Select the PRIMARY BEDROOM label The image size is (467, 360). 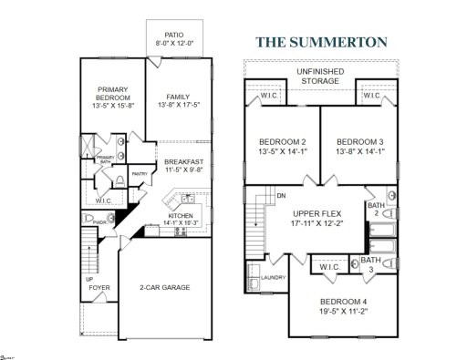[114, 93]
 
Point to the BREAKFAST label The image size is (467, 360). [184, 161]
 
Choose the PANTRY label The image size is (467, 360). [140, 173]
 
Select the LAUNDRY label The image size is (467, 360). [272, 278]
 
